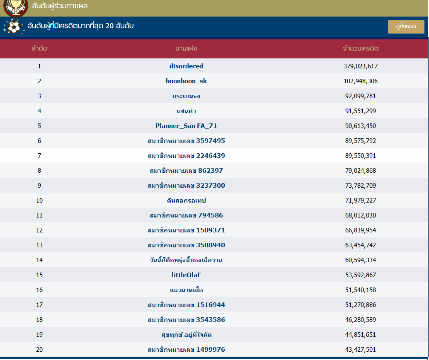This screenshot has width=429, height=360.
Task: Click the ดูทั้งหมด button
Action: coord(406,27)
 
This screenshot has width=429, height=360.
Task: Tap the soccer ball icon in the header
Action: coord(14,27)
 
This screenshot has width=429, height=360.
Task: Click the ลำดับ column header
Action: coord(39,48)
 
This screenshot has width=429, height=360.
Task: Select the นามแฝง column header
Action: coord(186,48)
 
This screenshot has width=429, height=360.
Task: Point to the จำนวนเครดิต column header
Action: coord(361,48)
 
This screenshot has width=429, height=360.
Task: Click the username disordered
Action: coord(186,66)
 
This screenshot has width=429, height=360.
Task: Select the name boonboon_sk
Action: coord(186,81)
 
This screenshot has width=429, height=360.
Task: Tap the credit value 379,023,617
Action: coord(361,66)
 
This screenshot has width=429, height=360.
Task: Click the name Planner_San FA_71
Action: coord(186,126)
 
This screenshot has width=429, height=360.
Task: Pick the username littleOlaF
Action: coord(186,275)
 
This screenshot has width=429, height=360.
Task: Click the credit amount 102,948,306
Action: coord(361,81)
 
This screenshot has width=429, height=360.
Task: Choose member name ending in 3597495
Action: coord(186,141)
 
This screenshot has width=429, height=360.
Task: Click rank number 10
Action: coord(39,201)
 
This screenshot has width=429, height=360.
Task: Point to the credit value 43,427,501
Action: coord(361,350)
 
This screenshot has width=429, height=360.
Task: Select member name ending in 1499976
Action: coord(186,350)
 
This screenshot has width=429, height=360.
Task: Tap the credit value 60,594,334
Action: coord(361,260)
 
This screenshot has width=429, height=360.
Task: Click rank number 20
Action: coord(39,350)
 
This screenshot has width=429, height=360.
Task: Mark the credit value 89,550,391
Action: coord(361,156)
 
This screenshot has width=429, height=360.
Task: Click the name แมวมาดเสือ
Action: coord(186,290)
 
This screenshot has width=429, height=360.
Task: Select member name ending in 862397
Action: coord(186,171)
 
